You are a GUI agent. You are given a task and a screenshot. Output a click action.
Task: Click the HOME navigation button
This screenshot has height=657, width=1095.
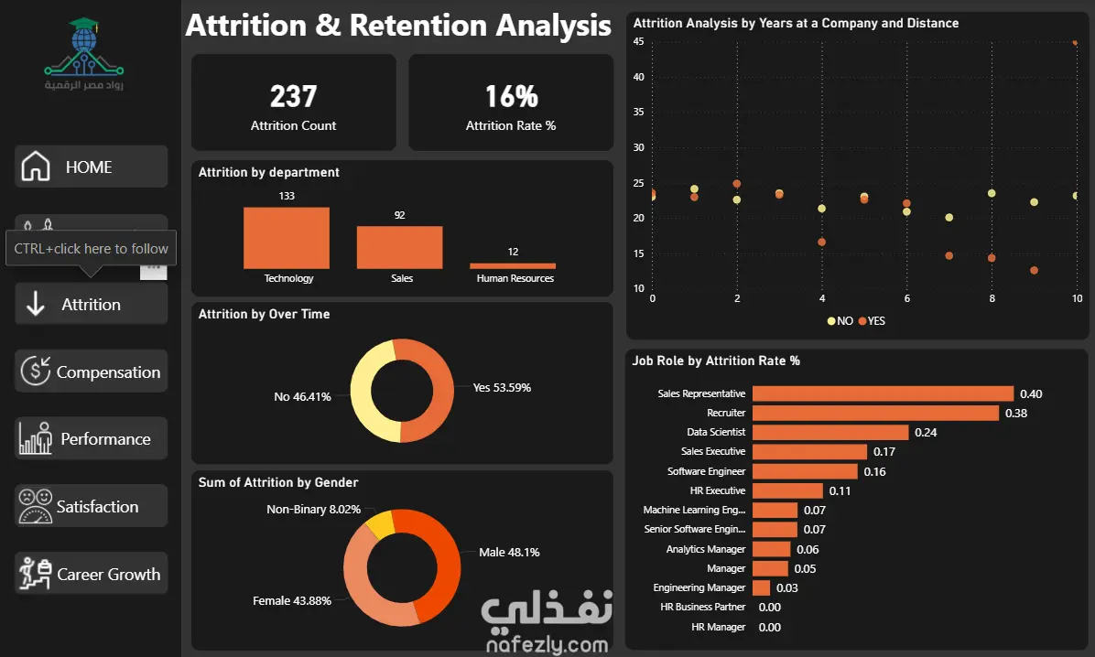point(91,167)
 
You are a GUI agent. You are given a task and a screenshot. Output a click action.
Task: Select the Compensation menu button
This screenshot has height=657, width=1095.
point(91,372)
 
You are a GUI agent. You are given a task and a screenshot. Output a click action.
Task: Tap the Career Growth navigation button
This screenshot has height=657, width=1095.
point(91,573)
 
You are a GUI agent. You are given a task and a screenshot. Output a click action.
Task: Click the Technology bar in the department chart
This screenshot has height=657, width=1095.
point(287,238)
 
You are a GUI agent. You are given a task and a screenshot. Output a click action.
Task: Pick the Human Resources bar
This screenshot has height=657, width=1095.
point(513,266)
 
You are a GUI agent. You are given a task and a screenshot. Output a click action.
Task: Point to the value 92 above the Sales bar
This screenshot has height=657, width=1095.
point(399,215)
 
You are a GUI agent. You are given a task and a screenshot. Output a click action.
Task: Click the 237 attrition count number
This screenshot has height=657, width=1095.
point(293,96)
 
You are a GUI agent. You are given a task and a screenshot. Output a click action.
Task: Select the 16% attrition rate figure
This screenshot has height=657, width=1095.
point(511,96)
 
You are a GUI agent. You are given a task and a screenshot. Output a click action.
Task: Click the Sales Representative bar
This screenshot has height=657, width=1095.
point(883,393)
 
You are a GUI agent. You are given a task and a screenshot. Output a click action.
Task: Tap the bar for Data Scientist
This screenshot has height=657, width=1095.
point(830,432)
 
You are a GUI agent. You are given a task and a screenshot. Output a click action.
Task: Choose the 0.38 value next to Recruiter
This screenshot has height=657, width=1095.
point(1016,414)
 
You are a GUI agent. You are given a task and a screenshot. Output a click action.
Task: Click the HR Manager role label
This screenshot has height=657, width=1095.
point(718,627)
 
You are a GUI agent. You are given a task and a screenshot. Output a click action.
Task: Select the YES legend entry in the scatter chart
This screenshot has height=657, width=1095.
point(872,321)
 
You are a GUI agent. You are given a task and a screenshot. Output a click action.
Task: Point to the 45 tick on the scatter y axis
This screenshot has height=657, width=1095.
point(638,41)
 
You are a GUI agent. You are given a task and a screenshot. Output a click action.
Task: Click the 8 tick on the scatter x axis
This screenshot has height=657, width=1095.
point(992,298)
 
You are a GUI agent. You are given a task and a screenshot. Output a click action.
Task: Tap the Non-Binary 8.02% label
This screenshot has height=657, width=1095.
point(313,510)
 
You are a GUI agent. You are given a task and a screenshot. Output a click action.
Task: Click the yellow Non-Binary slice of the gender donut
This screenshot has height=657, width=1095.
point(381,524)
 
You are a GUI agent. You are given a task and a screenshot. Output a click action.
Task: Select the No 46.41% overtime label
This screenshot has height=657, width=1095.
point(302,396)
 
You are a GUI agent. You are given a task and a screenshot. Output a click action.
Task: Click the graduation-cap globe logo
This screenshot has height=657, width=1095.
point(84,47)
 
